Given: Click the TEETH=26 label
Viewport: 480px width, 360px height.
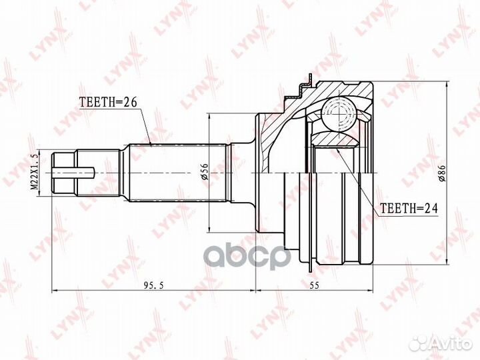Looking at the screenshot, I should pyautogui.click(x=108, y=103).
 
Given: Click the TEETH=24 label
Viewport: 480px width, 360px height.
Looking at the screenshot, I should pyautogui.click(x=409, y=209).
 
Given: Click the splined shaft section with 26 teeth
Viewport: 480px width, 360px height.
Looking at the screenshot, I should pyautogui.click(x=179, y=173).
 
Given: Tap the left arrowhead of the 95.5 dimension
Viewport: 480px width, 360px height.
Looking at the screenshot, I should pyautogui.click(x=55, y=291).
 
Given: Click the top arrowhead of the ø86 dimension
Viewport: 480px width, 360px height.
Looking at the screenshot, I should pyautogui.click(x=444, y=83).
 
